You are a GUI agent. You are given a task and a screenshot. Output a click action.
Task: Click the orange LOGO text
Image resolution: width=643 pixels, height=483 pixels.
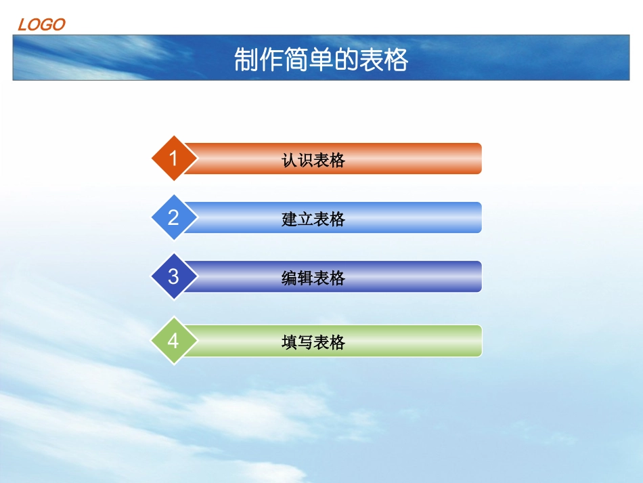[x=41, y=25]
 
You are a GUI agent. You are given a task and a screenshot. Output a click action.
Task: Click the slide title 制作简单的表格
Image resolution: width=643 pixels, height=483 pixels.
[x=321, y=60]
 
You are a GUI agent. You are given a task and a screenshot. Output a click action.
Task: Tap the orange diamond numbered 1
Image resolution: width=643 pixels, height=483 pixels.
[x=173, y=159]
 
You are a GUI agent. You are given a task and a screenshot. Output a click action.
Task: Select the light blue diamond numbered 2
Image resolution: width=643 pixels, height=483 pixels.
[x=173, y=217]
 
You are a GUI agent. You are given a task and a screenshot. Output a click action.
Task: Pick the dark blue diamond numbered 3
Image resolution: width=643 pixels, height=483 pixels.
[x=173, y=276]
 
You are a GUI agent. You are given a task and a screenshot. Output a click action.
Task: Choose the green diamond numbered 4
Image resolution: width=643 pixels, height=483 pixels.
[x=173, y=340]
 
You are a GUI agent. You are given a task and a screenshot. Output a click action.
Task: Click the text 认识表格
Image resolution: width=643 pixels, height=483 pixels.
[x=313, y=160]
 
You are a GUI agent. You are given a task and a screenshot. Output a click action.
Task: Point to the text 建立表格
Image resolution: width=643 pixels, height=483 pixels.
[x=313, y=219]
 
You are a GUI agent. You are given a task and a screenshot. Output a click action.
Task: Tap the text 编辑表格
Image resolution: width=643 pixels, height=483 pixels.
[x=313, y=278]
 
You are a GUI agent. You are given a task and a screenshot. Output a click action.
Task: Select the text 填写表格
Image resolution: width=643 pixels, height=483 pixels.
[x=313, y=342]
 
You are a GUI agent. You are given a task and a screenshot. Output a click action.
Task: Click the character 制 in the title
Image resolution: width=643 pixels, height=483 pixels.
[x=246, y=60]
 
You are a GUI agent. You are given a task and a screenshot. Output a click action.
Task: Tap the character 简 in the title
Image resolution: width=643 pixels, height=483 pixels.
[x=296, y=60]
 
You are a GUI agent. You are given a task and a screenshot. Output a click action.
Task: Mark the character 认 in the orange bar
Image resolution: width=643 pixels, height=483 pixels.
[x=290, y=160]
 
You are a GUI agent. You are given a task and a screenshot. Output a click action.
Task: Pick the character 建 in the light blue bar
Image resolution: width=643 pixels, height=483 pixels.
[x=290, y=219]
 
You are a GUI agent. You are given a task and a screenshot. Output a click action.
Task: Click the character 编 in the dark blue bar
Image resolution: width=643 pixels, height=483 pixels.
[x=290, y=278]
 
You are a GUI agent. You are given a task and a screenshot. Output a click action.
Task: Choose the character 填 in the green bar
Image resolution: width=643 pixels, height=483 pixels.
[x=290, y=342]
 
